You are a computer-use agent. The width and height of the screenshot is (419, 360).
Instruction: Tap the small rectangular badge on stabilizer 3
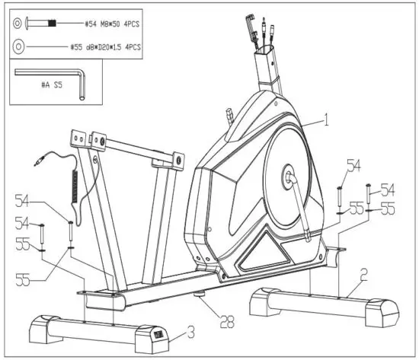(157, 334)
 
